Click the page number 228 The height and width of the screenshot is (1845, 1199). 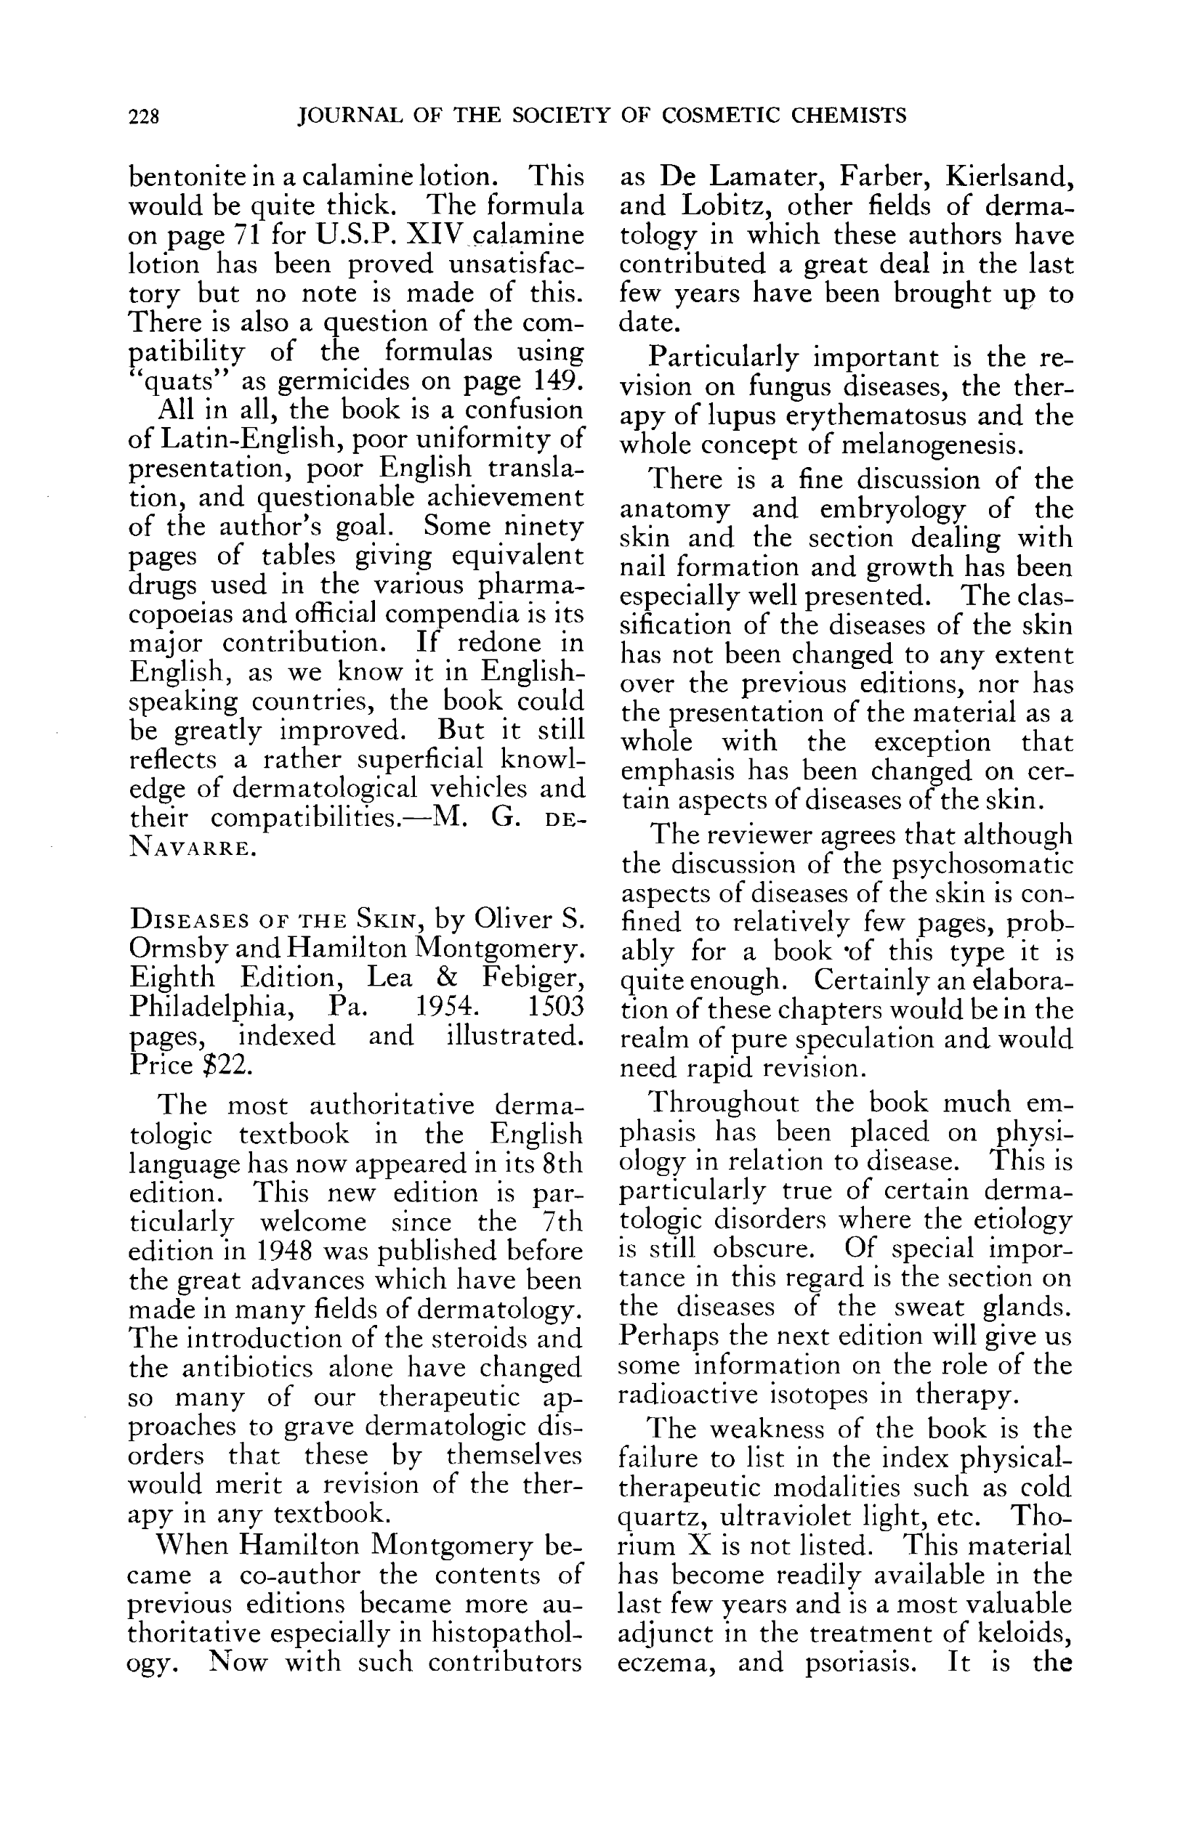(x=145, y=116)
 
